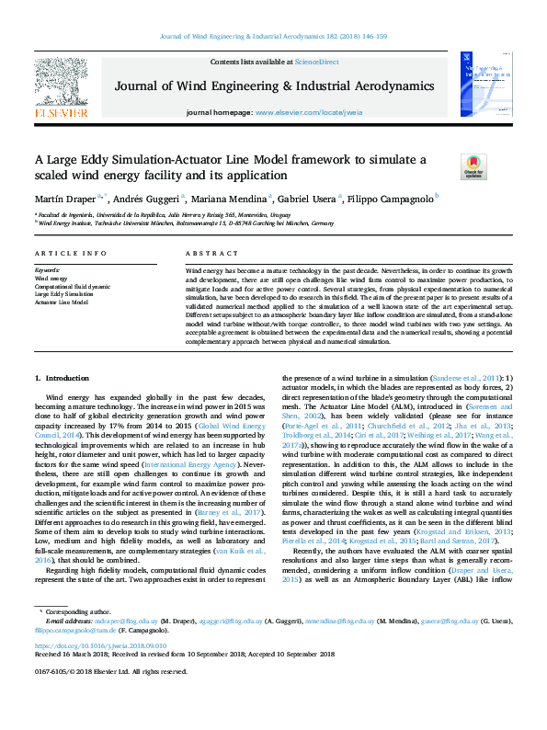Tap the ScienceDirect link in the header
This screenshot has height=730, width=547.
pos(316,62)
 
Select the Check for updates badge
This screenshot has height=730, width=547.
pos(472,166)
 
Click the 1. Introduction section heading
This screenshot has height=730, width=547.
pos(63,378)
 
